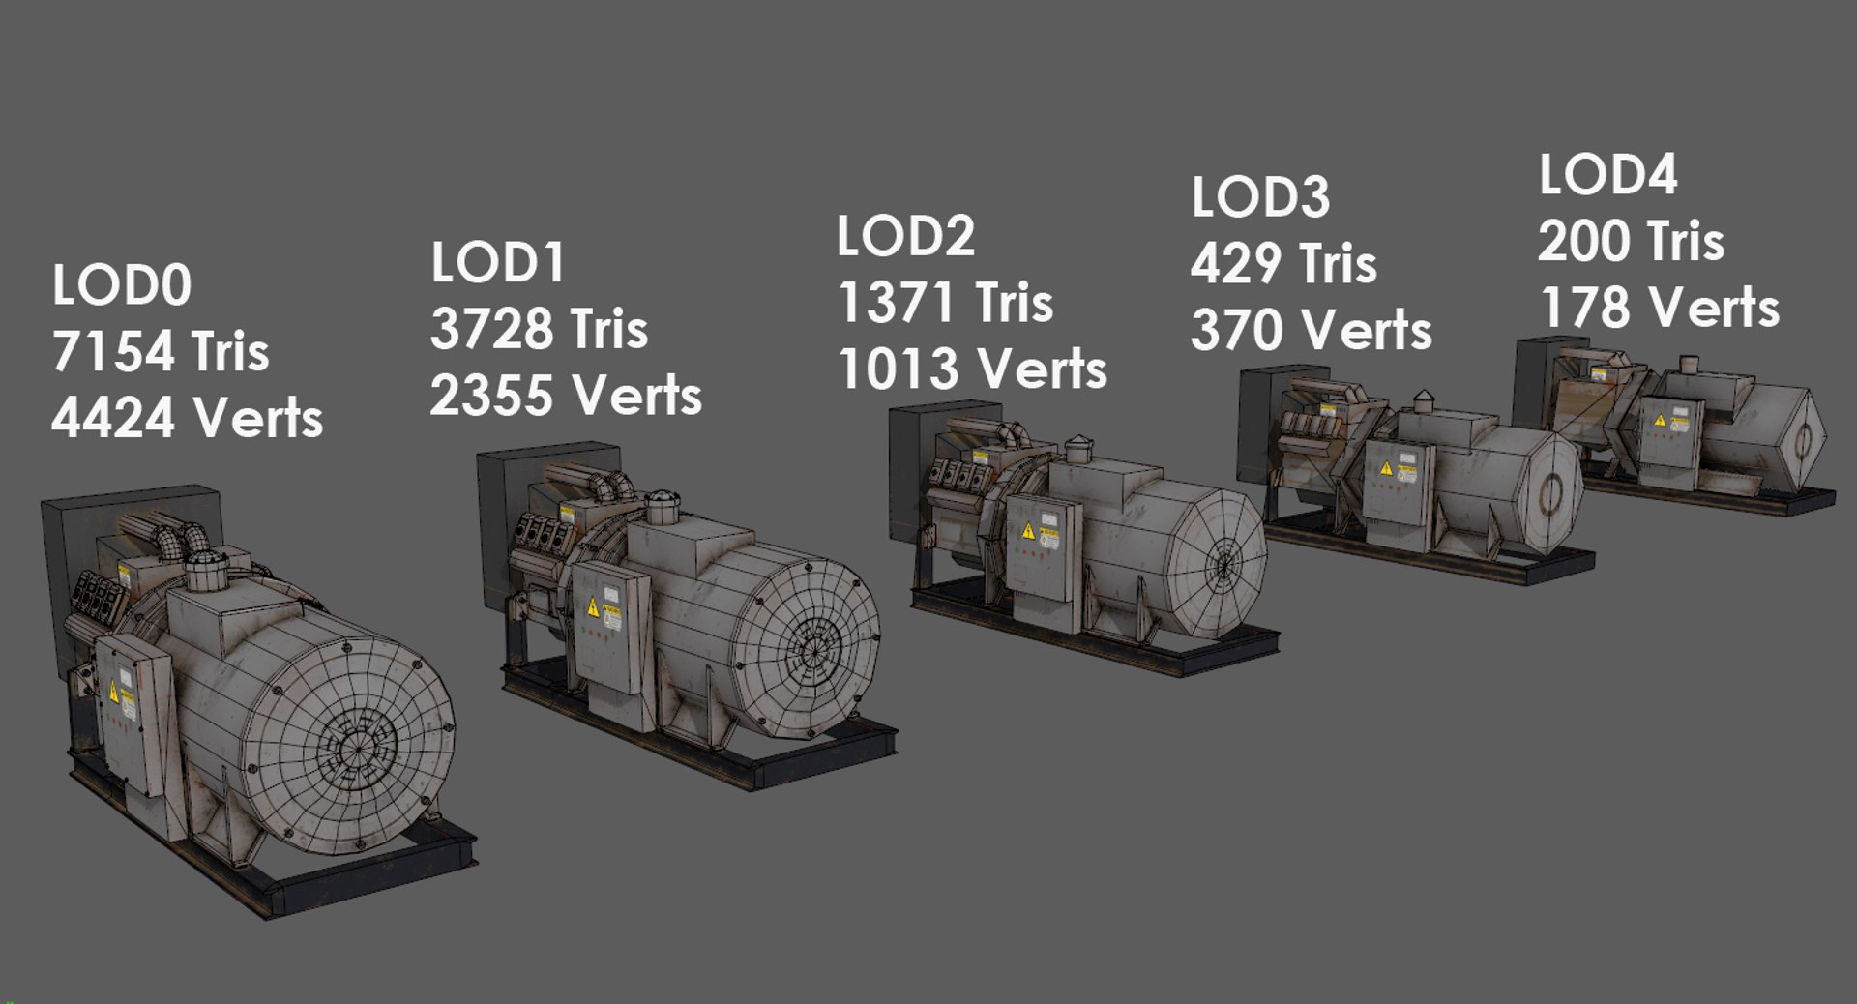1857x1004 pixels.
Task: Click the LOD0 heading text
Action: [122, 285]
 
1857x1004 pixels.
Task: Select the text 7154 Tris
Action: [161, 351]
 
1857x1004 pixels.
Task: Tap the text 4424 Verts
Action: [187, 418]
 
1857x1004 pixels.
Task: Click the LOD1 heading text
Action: [498, 263]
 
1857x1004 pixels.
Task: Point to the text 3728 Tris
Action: [539, 329]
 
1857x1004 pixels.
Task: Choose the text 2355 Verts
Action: [566, 396]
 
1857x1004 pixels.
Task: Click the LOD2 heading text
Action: [905, 237]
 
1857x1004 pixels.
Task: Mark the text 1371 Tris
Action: [945, 303]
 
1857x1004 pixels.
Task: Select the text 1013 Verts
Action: [972, 369]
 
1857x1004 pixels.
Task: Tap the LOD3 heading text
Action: [1260, 197]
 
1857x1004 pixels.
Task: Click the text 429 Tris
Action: [1282, 263]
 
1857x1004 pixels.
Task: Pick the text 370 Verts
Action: [1311, 330]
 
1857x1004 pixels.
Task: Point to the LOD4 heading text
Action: [1607, 175]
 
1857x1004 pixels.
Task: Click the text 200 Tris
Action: [1631, 241]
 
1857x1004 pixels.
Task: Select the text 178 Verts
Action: [1659, 308]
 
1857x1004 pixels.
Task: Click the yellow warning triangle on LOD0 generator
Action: [114, 692]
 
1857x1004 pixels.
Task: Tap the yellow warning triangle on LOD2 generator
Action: [1027, 530]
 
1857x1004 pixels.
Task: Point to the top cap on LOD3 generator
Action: [1423, 401]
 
